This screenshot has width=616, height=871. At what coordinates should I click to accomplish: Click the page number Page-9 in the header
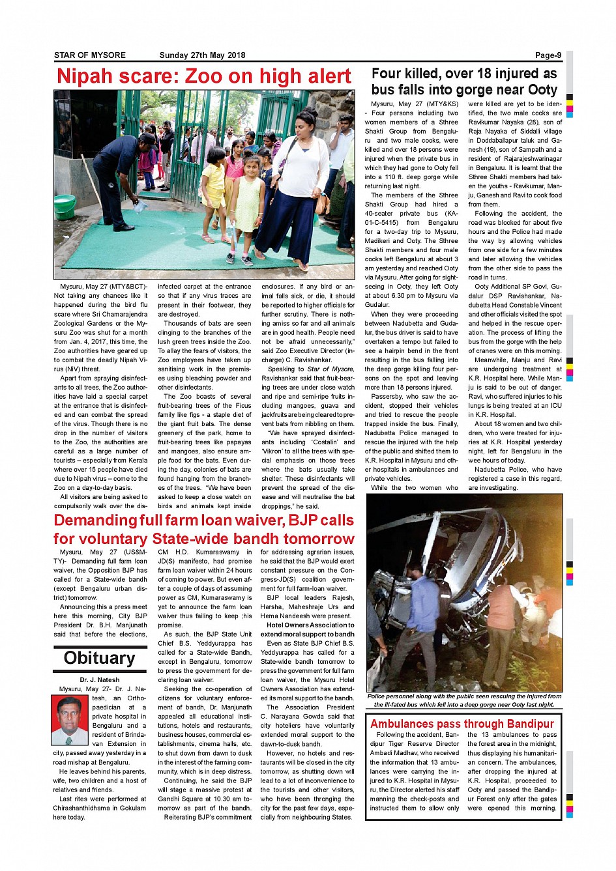(x=548, y=55)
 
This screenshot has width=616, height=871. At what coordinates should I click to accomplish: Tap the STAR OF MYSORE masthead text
(x=90, y=55)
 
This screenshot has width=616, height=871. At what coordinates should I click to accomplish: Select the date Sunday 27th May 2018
(x=202, y=55)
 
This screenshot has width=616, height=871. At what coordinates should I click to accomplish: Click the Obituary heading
(x=99, y=658)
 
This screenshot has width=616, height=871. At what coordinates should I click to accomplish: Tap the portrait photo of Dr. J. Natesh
(x=69, y=721)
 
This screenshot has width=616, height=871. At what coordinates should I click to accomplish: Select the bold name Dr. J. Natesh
(x=100, y=680)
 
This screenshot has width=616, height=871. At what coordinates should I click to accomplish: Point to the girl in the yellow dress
(x=245, y=208)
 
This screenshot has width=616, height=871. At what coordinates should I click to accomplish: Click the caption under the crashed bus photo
(x=463, y=700)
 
